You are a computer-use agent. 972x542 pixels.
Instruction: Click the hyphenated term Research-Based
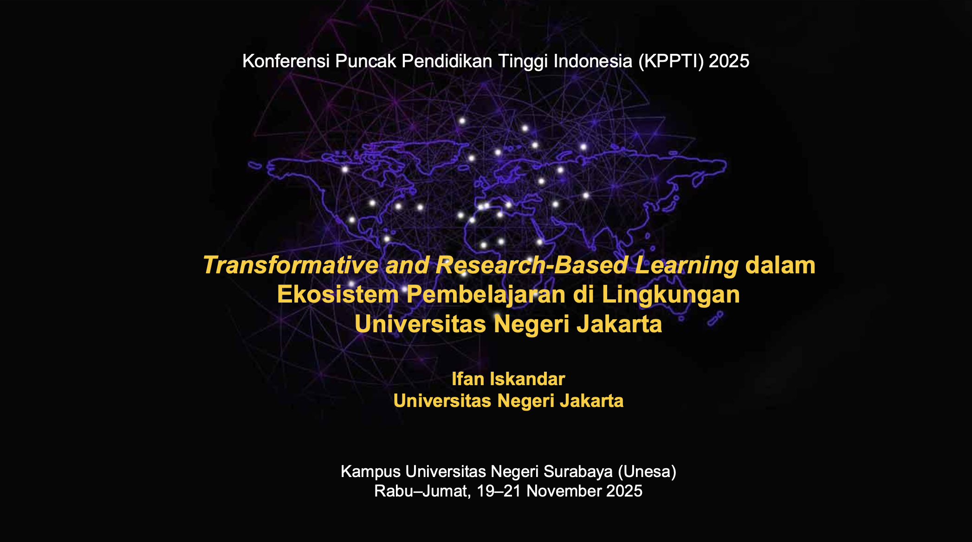532,265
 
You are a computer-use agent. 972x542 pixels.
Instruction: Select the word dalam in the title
780,265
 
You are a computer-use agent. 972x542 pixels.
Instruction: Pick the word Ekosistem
338,294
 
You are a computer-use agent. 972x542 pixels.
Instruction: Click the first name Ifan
468,379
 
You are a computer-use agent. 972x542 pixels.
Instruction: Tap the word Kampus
370,472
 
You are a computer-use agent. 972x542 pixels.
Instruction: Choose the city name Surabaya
578,472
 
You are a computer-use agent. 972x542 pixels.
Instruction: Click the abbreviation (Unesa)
647,472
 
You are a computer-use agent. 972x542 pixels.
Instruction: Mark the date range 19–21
499,491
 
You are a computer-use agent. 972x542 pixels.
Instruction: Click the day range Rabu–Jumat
422,491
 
